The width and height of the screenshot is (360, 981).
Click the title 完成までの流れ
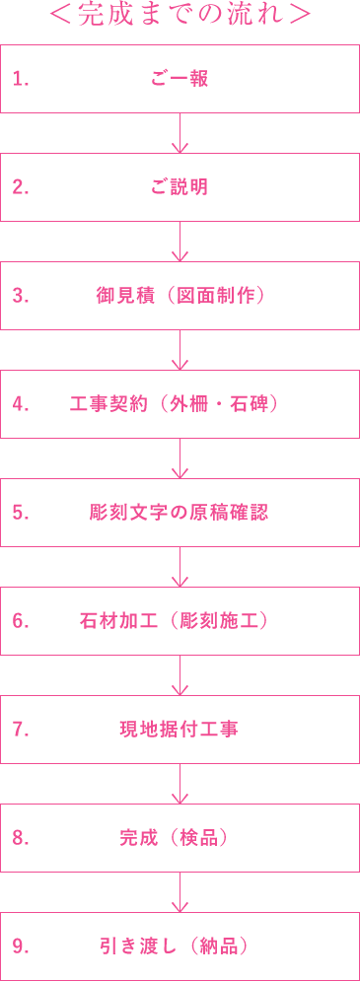tap(180, 17)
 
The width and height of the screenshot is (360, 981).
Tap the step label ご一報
tap(180, 80)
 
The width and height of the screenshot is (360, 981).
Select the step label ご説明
tap(180, 188)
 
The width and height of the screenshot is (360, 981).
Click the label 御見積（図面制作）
tap(185, 297)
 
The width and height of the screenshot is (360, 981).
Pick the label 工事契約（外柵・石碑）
tap(180, 405)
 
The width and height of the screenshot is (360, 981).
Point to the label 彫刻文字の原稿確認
tap(180, 514)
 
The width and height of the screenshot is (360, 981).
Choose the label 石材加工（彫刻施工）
tap(180, 622)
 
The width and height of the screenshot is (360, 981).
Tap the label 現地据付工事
tap(180, 731)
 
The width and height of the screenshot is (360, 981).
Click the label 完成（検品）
tap(180, 839)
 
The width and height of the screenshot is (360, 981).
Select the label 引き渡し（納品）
tap(180, 947)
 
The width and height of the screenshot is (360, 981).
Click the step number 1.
tap(20, 80)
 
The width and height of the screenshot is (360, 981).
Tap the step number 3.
tap(20, 297)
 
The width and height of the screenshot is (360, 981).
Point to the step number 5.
tap(20, 514)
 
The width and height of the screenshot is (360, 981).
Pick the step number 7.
tap(20, 731)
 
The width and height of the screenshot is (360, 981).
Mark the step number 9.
tap(20, 947)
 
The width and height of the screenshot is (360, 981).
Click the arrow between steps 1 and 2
tap(180, 134)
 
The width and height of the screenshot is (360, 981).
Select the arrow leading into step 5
tap(180, 459)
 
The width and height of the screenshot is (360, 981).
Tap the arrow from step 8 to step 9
tap(180, 893)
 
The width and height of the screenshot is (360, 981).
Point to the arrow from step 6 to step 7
tap(180, 676)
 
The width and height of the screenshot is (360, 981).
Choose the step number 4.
tap(20, 405)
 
